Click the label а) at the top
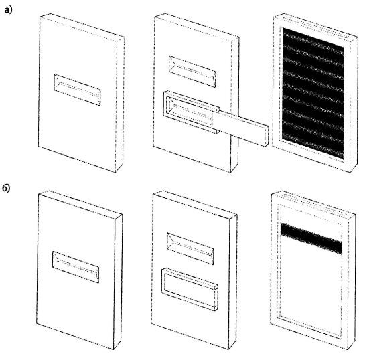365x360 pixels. click(9, 10)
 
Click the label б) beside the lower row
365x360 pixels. click(6, 188)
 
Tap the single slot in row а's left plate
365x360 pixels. click(77, 90)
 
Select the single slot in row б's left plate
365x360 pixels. click(76, 267)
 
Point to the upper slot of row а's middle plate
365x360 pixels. click(192, 72)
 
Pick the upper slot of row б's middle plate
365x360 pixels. click(190, 249)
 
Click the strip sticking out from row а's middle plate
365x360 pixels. click(242, 128)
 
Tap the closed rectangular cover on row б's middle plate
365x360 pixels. click(190, 289)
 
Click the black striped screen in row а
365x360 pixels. click(313, 94)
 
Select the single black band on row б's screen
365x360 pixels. click(311, 238)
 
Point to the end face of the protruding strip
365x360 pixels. click(267, 137)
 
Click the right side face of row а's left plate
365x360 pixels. click(120, 104)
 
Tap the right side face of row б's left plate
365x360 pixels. click(118, 282)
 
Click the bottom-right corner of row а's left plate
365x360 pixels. click(116, 173)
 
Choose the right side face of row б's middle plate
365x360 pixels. click(233, 282)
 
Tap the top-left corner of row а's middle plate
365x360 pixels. click(155, 16)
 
